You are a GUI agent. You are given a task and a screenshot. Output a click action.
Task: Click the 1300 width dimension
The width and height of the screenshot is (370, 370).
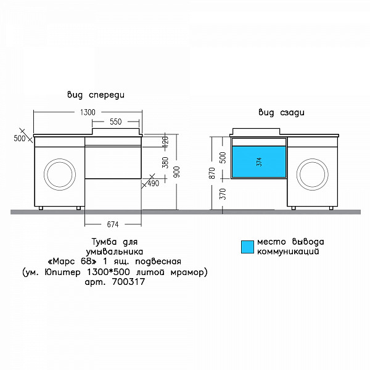click(x=88, y=112)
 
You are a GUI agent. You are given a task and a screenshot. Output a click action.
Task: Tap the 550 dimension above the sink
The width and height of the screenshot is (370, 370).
click(x=116, y=121)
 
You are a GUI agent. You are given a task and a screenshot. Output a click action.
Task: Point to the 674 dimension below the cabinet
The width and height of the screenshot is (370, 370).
click(x=113, y=224)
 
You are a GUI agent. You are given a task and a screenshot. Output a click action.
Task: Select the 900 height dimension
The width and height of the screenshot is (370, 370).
click(x=178, y=172)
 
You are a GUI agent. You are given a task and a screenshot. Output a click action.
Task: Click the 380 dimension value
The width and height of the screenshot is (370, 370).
click(x=165, y=162)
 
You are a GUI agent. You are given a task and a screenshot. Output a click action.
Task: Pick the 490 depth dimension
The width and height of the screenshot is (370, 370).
click(x=154, y=183)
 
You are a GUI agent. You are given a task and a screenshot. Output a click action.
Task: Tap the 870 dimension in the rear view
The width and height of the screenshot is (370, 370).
click(x=212, y=173)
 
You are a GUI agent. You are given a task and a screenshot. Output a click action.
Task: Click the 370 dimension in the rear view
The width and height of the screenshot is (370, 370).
click(x=223, y=194)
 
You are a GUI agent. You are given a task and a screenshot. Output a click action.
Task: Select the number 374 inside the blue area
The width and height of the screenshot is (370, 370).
click(x=259, y=162)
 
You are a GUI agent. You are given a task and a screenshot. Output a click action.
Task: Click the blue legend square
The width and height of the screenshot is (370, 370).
click(x=247, y=247)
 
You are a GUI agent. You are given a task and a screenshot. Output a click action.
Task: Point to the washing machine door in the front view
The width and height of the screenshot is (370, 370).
click(x=60, y=174)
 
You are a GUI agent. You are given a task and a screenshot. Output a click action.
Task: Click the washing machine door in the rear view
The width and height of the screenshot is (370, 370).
click(x=312, y=174)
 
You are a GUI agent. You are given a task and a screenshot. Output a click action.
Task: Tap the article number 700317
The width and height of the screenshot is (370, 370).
click(x=128, y=282)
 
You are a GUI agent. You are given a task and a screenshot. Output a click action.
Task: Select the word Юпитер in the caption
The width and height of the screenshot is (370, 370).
click(x=62, y=272)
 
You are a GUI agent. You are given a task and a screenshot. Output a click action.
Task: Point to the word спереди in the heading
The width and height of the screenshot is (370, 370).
click(x=107, y=95)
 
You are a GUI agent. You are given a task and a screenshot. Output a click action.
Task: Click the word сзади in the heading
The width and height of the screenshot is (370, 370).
click(x=292, y=113)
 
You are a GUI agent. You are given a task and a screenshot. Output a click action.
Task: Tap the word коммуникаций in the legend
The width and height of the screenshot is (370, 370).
click(x=288, y=252)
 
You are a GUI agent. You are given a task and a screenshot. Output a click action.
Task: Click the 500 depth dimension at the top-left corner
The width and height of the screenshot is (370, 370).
click(x=19, y=138)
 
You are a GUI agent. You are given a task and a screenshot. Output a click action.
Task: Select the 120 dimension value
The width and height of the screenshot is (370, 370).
click(x=165, y=141)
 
